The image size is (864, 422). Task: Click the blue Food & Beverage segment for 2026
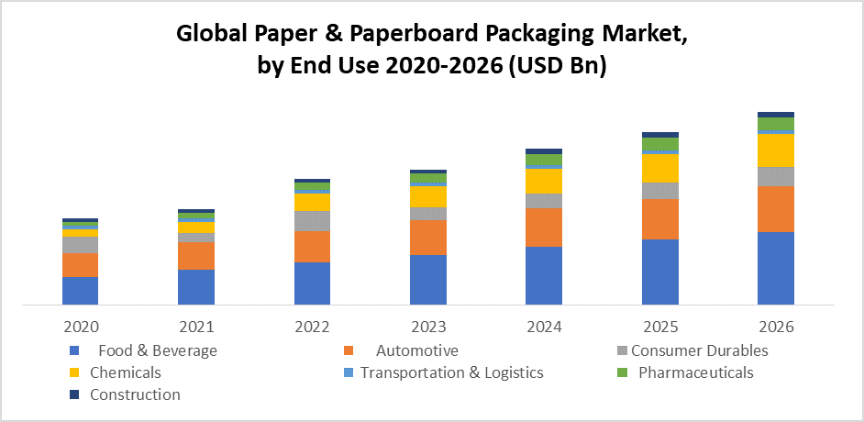pos(775,268)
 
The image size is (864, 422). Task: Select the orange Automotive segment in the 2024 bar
pos(543,228)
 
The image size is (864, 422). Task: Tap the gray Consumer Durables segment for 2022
pos(312,221)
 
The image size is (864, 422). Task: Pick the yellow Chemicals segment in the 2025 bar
pos(659,168)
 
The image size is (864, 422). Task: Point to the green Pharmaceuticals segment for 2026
pos(775,124)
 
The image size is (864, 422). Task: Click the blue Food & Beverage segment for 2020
pos(80,290)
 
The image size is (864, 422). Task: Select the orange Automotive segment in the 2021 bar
pos(195,256)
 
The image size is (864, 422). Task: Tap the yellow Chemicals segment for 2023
pos(427,196)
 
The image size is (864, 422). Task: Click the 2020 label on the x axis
pos(80,327)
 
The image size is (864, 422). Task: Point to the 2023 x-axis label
pos(427,327)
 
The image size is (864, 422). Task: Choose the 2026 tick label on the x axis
pos(775,327)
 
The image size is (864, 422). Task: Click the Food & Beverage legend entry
pos(157,350)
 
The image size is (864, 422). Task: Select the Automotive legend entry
pos(416,350)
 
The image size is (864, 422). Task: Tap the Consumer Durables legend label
pos(699,350)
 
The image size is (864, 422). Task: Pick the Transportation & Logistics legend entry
pos(451,372)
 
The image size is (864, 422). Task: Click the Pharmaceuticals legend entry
pos(695,372)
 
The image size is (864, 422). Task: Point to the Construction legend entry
pos(135,394)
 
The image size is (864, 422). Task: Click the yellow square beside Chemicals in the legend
pos(73,373)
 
